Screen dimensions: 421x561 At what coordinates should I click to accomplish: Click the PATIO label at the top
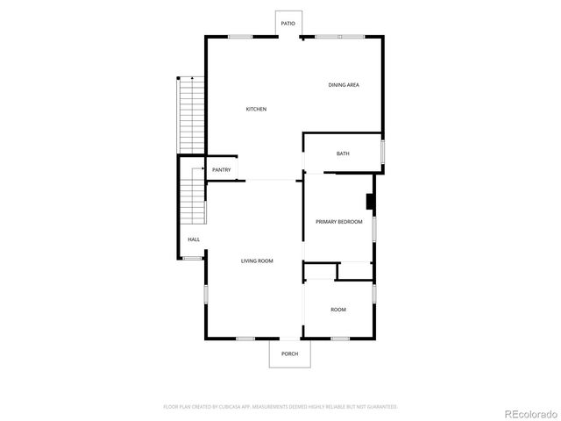(288, 24)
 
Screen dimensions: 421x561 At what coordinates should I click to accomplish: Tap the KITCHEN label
(256, 109)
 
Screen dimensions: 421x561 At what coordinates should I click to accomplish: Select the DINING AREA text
(344, 85)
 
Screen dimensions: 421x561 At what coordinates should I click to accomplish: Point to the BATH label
(343, 153)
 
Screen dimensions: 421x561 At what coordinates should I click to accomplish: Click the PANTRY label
(222, 170)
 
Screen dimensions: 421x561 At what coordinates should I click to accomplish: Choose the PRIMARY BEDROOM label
(339, 222)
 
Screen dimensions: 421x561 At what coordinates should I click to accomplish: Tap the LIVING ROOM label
(258, 260)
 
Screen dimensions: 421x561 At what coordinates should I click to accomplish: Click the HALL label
(193, 239)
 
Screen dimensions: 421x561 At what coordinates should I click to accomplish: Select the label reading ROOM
(337, 310)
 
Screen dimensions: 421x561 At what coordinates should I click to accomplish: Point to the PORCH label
(289, 353)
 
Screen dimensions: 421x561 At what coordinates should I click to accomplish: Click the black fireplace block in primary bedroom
(371, 203)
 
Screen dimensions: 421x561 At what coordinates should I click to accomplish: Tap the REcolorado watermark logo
(529, 412)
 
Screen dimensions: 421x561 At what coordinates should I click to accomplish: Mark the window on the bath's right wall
(382, 152)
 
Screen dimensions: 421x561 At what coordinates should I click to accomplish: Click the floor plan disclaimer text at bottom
(280, 407)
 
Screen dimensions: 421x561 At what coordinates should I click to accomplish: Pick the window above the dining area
(338, 37)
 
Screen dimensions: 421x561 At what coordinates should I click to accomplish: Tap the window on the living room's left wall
(206, 294)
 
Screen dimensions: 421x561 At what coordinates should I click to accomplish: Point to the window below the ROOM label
(339, 339)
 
